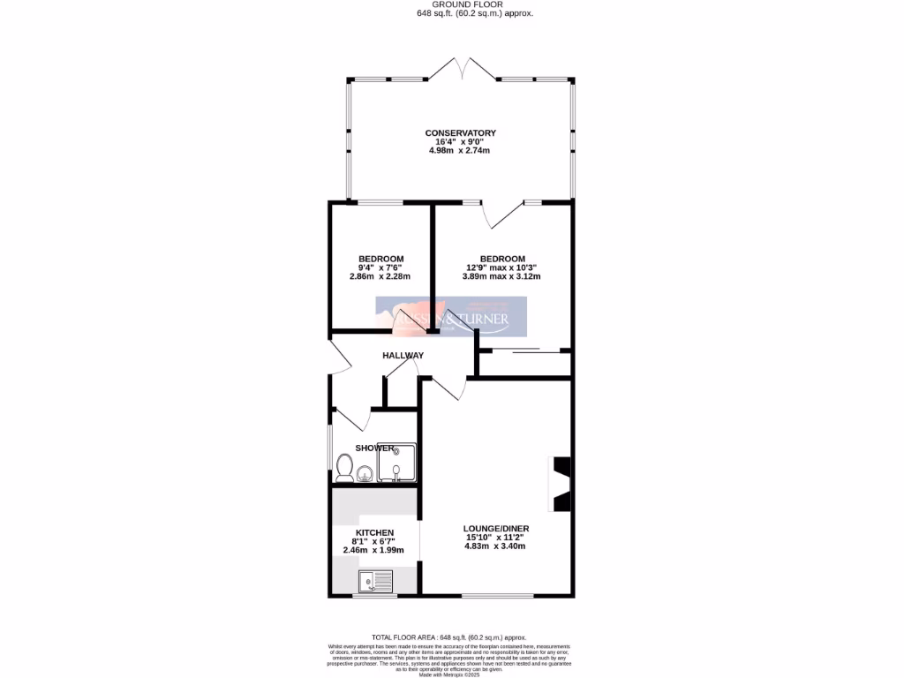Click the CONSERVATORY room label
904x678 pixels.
click(x=460, y=133)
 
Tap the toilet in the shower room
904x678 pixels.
click(x=345, y=469)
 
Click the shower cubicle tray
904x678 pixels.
click(x=396, y=462)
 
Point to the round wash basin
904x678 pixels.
click(x=365, y=473)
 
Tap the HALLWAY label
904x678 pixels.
click(x=403, y=356)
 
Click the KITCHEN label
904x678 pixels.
click(x=373, y=532)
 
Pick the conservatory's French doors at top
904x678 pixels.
click(x=460, y=69)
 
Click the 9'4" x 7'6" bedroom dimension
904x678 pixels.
click(x=380, y=267)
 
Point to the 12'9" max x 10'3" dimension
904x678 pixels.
click(x=501, y=267)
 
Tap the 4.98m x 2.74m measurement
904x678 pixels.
click(x=459, y=151)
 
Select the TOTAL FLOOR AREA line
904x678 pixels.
click(x=448, y=637)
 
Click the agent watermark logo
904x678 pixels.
click(x=451, y=317)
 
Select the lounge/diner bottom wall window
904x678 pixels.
click(x=497, y=596)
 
